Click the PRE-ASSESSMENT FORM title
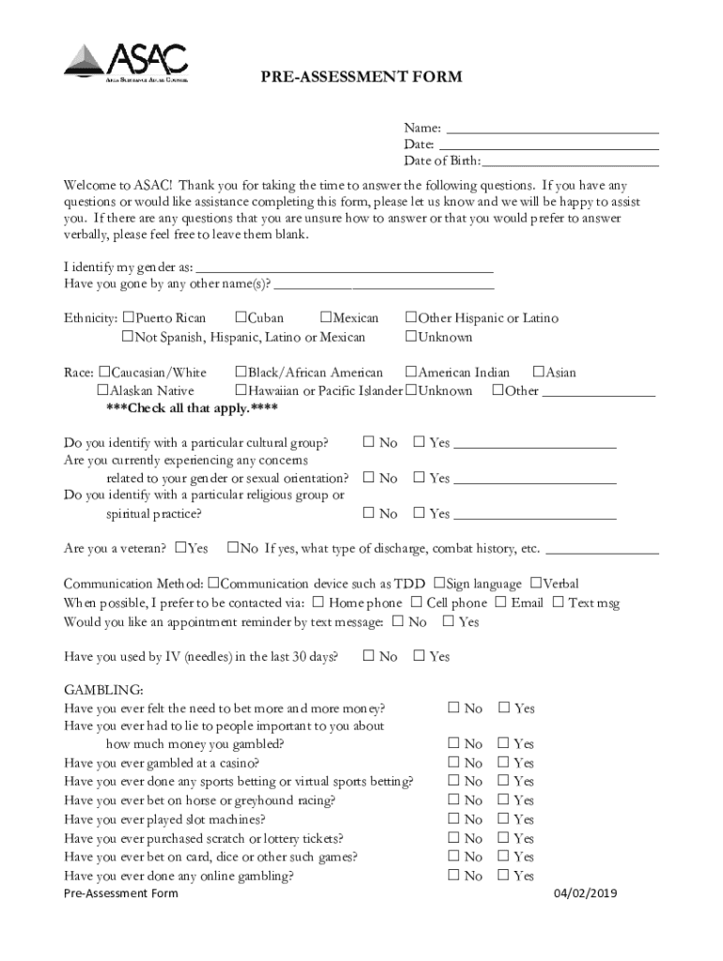pyautogui.click(x=361, y=77)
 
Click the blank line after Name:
pyautogui.click(x=551, y=129)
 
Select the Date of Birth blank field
pyautogui.click(x=570, y=161)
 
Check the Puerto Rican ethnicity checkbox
pyautogui.click(x=129, y=318)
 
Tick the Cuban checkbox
pyautogui.click(x=241, y=318)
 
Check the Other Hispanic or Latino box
pyautogui.click(x=410, y=318)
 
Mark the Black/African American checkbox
pyautogui.click(x=241, y=373)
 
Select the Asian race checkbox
pyautogui.click(x=539, y=373)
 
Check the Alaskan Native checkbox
pyautogui.click(x=103, y=390)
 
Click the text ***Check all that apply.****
pyautogui.click(x=192, y=408)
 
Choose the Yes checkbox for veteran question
pyautogui.click(x=181, y=548)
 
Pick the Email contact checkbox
pyautogui.click(x=501, y=603)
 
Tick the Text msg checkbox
pyautogui.click(x=559, y=603)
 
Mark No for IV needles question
pyautogui.click(x=369, y=657)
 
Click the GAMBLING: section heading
pyautogui.click(x=103, y=690)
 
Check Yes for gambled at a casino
pyautogui.click(x=504, y=763)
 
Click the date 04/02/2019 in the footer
pyautogui.click(x=585, y=893)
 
